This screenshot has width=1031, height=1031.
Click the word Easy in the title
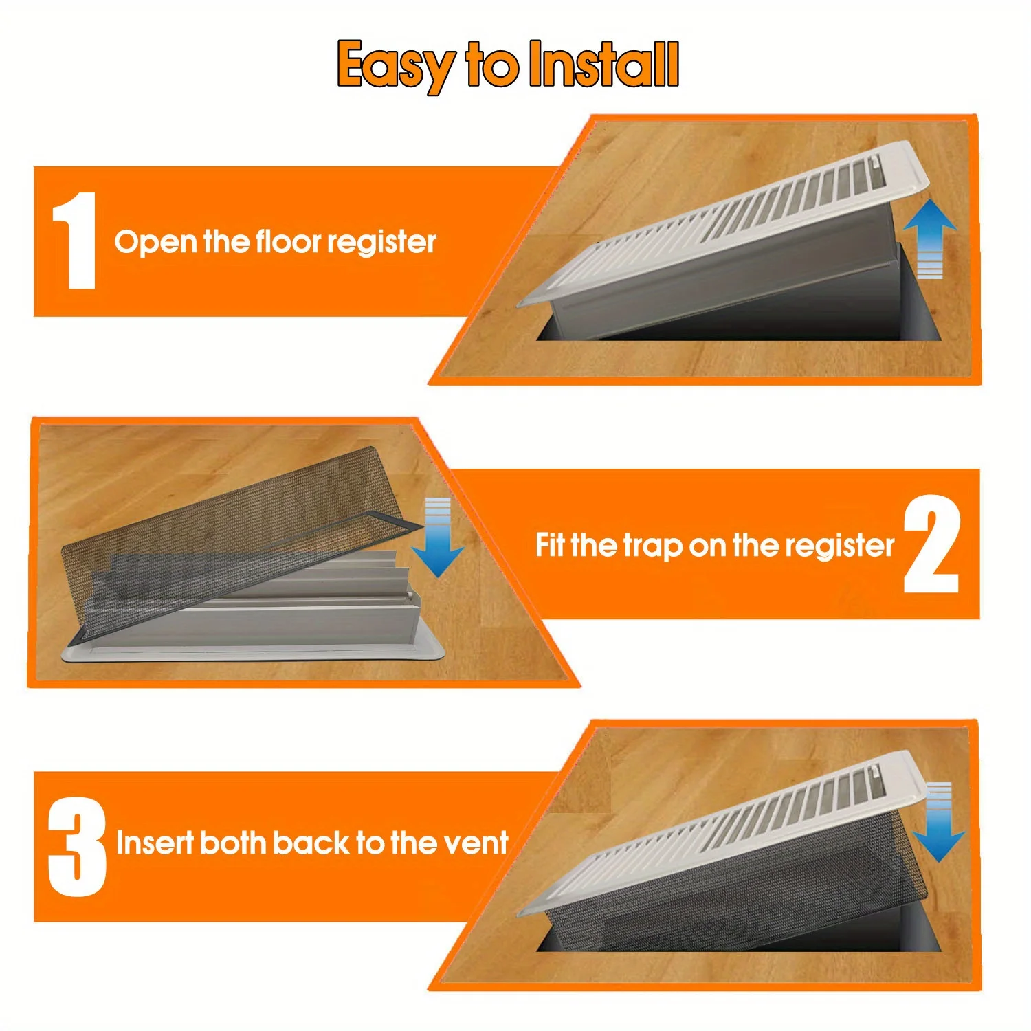(x=395, y=66)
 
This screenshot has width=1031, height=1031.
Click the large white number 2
(x=931, y=544)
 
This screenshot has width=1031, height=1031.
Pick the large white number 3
(x=77, y=847)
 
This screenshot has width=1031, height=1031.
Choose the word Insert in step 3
(x=154, y=843)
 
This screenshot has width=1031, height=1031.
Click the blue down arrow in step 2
(x=438, y=537)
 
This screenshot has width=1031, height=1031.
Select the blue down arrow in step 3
(x=940, y=822)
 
